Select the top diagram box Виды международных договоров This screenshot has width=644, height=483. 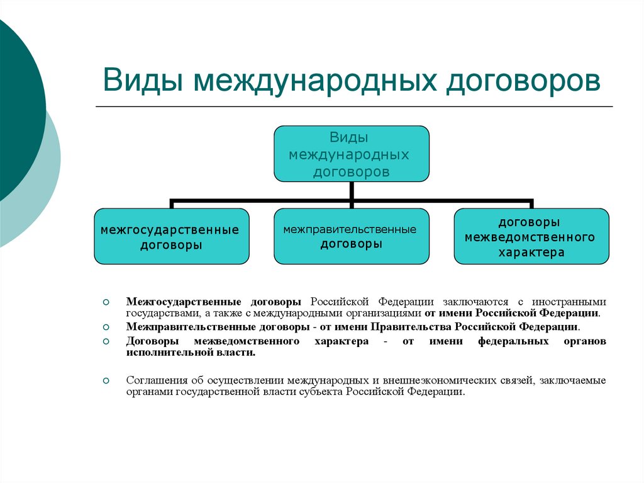pyautogui.click(x=352, y=154)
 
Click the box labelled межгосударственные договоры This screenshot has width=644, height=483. pyautogui.click(x=170, y=237)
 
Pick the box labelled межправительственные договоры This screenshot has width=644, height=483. pyautogui.click(x=352, y=237)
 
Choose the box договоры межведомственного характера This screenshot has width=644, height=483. pyautogui.click(x=531, y=237)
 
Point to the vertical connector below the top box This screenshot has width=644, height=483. pyautogui.click(x=352, y=192)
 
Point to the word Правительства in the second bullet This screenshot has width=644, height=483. pyautogui.click(x=411, y=327)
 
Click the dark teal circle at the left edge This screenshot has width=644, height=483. pyautogui.click(x=16, y=107)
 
